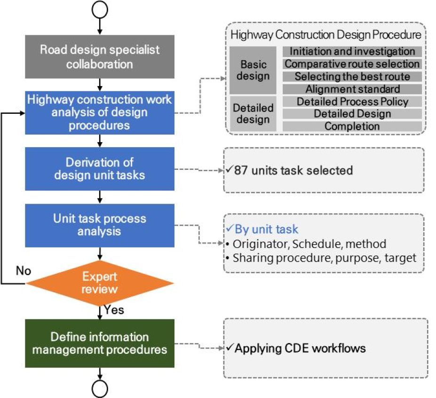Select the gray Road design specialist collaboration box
tap(100, 57)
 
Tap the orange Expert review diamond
tap(100, 283)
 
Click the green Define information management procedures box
tap(100, 343)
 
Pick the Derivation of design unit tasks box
tap(100, 169)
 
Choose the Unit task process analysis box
tap(100, 225)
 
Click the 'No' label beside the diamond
tap(24, 271)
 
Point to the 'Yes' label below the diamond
tap(114, 310)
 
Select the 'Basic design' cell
tap(253, 70)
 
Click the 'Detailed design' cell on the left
tap(253, 113)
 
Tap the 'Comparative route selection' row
tap(352, 64)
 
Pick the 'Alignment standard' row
tap(352, 89)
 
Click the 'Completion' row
tap(352, 126)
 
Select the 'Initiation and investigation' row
tap(352, 51)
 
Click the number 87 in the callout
tap(241, 170)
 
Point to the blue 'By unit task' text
tap(266, 229)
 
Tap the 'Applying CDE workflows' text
tap(300, 348)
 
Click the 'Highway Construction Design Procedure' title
tap(326, 35)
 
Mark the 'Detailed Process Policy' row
tap(352, 102)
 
